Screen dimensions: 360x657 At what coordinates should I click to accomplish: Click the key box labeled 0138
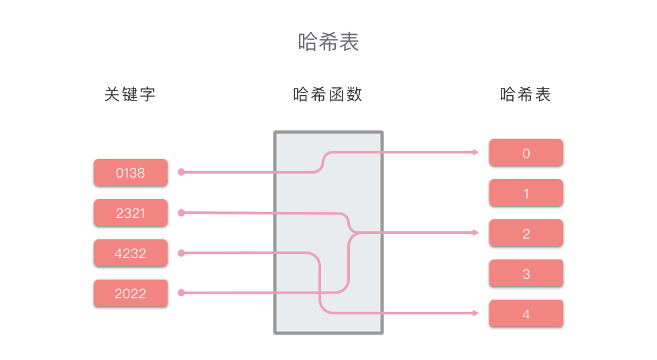click(130, 173)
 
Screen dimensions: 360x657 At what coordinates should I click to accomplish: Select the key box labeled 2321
click(130, 213)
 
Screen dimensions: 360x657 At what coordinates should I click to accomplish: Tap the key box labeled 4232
click(130, 253)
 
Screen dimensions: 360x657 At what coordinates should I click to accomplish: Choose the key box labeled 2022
click(130, 294)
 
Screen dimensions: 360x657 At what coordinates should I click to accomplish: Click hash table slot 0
click(526, 153)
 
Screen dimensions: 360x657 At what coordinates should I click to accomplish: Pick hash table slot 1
click(526, 193)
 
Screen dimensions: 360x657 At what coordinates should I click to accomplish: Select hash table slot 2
click(526, 233)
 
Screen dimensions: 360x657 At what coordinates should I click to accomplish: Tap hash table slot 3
click(526, 274)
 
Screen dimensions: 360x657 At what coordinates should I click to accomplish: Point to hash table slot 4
click(526, 314)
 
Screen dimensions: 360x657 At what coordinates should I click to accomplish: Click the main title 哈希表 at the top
click(328, 42)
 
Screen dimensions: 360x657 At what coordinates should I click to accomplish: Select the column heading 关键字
click(129, 95)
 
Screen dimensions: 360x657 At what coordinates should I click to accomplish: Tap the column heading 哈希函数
click(328, 95)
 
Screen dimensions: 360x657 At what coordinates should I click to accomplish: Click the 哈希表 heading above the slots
click(525, 95)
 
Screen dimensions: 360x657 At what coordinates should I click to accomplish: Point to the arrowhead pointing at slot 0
click(476, 152)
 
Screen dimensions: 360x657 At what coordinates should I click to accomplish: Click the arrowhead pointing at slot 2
click(476, 233)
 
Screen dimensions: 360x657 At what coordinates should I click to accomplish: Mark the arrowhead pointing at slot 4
click(476, 313)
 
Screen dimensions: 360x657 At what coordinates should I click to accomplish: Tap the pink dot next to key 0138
click(181, 172)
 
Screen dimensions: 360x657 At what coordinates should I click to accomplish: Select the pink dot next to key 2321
click(181, 213)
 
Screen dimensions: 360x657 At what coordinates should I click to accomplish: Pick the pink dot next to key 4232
click(181, 253)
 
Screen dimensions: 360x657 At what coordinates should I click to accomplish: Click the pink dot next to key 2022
click(181, 293)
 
